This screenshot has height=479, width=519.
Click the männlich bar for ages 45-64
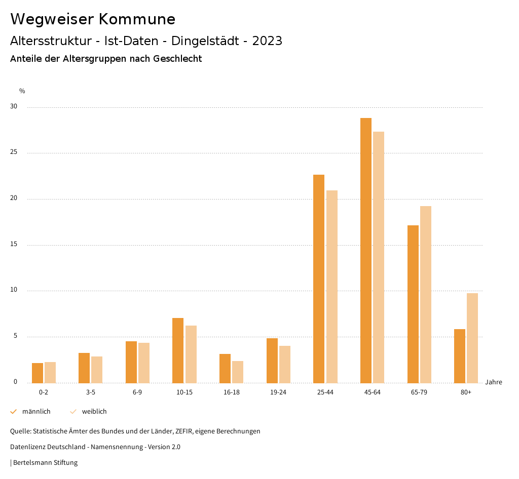tap(365, 250)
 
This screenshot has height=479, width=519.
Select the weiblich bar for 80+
tap(472, 338)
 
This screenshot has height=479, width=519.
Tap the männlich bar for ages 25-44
tap(319, 278)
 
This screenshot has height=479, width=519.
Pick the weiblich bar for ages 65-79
tap(426, 294)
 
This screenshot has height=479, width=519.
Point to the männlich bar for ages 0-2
tap(38, 373)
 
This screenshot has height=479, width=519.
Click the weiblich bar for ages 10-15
tap(191, 354)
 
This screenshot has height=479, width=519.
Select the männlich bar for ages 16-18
tap(225, 368)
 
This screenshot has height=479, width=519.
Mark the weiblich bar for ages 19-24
tap(285, 364)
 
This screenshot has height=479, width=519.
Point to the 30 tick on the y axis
tap(13, 107)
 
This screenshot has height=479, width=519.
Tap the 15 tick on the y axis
tap(13, 245)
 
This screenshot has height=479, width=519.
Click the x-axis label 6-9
tap(137, 392)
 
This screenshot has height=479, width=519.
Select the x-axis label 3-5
tap(91, 392)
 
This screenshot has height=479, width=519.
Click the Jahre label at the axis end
tap(493, 382)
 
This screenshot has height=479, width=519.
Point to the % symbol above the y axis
tap(22, 91)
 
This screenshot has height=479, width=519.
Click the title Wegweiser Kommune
tap(93, 19)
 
